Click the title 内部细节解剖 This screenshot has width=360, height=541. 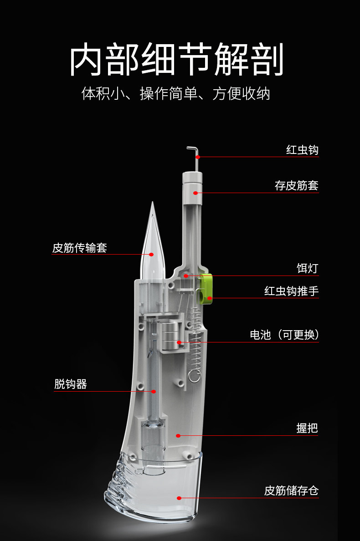[x=177, y=60]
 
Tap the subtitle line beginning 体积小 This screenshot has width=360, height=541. [x=175, y=94]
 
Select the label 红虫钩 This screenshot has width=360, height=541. [x=302, y=150]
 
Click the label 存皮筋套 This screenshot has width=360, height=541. [x=296, y=186]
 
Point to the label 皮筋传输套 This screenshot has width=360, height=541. [x=80, y=248]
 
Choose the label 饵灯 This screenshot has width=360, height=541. [x=308, y=269]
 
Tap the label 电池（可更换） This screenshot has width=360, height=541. [x=284, y=335]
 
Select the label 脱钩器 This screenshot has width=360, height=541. [x=71, y=384]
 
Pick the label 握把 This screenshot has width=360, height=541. [x=307, y=429]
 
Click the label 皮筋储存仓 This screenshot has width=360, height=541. [x=292, y=491]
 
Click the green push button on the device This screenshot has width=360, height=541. [x=206, y=289]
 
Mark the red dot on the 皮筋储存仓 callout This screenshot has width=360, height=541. [x=179, y=498]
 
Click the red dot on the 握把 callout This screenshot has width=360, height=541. [x=178, y=436]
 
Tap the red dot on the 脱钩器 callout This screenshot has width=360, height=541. [x=154, y=391]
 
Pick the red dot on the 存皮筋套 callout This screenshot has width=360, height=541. [x=195, y=193]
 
